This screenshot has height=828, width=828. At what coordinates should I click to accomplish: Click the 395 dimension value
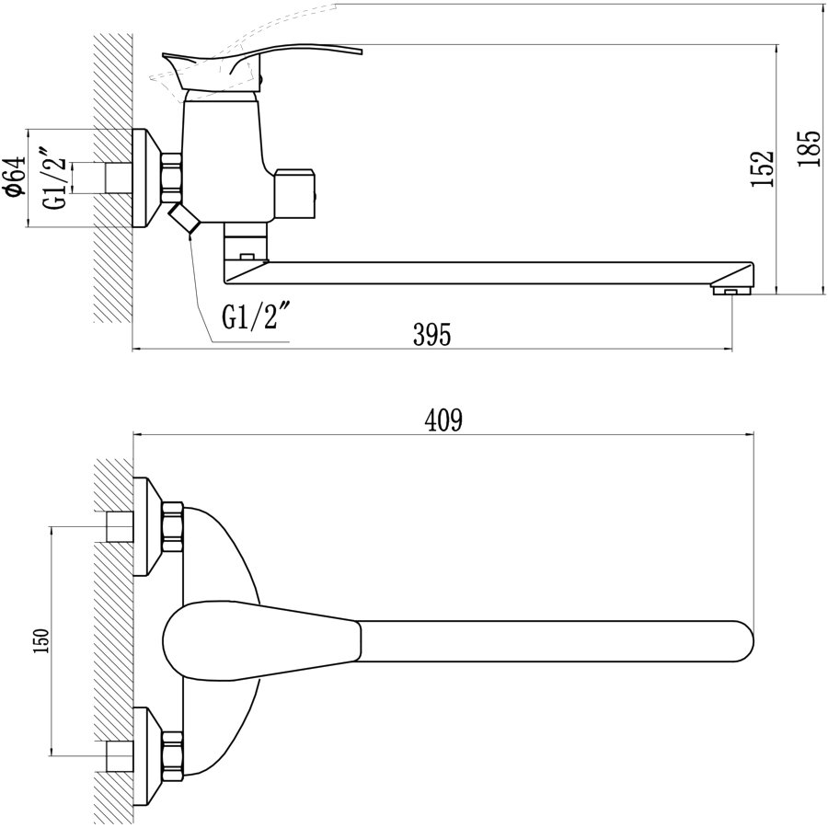[x=432, y=335]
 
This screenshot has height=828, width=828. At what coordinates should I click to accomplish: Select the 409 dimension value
[x=443, y=420]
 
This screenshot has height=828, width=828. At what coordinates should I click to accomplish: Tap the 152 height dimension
[x=763, y=168]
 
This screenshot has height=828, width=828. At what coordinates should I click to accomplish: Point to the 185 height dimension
[x=809, y=149]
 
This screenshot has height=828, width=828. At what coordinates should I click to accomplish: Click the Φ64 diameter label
[x=15, y=176]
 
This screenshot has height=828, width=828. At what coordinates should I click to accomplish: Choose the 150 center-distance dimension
[x=40, y=641]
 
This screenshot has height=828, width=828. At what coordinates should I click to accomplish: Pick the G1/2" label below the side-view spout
[x=257, y=316]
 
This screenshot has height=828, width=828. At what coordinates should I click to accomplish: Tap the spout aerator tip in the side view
[x=731, y=290]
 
